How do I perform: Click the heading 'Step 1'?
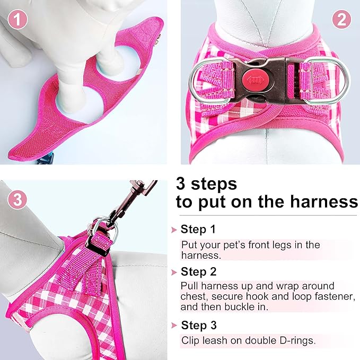click(x=198, y=230)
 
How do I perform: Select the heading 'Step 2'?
click(x=198, y=272)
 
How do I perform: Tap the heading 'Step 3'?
click(x=198, y=325)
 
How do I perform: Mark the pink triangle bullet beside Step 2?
click(x=173, y=273)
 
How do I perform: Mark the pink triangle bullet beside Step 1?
click(x=173, y=230)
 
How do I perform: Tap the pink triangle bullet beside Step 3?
click(x=173, y=326)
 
